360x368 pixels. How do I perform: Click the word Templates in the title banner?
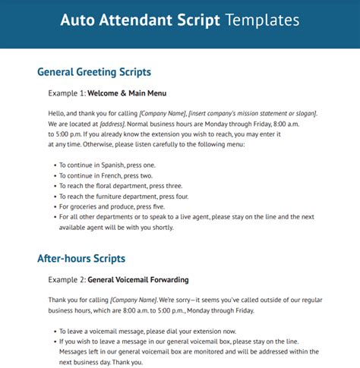[258, 20]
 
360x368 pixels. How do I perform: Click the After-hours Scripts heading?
[81, 259]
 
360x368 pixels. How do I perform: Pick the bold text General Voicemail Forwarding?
[143, 280]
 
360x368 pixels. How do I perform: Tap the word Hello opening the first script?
[58, 114]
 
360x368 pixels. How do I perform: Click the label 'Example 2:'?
[68, 280]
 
